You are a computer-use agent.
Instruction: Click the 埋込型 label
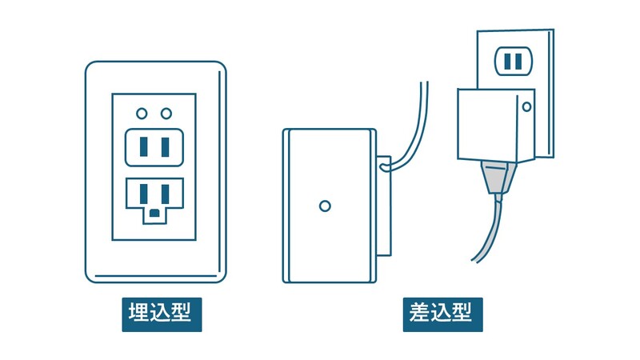161,312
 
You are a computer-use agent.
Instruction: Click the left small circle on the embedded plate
142,114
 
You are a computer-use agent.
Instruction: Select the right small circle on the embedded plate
166,114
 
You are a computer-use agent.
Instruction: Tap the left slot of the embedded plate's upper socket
144,147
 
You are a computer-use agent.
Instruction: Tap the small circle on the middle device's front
324,206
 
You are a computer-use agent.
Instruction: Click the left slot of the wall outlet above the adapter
506,59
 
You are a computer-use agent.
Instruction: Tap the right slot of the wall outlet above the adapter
519,59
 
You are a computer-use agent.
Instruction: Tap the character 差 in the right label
421,312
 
